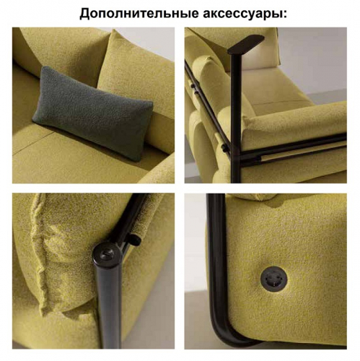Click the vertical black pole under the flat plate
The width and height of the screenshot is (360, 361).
236,118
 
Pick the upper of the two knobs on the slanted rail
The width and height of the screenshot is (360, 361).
193,85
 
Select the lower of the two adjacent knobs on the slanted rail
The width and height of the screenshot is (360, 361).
197,92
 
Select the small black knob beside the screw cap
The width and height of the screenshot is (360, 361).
136,240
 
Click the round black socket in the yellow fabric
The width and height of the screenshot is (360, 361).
274,279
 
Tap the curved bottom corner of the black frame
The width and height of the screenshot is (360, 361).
220,334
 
